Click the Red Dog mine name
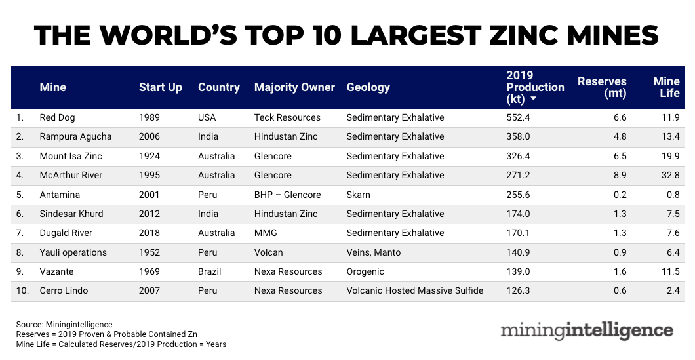[57, 118]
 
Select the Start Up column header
[161, 87]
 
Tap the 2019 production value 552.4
[519, 118]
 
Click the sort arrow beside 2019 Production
[534, 99]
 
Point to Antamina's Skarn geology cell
[359, 195]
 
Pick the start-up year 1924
[149, 156]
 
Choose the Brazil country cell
[210, 271]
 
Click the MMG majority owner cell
[266, 233]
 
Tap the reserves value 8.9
[619, 175]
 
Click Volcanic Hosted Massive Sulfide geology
[415, 290]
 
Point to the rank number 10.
[22, 290]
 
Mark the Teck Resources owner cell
[287, 118]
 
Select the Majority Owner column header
[294, 87]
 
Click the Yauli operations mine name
[73, 252]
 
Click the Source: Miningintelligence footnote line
[64, 325]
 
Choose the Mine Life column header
[666, 87]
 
